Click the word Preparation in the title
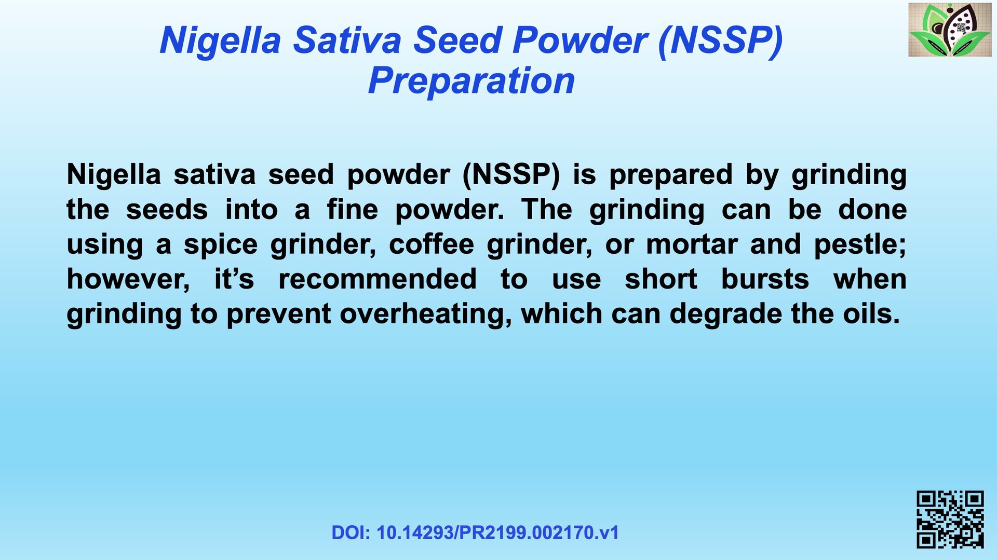(x=471, y=81)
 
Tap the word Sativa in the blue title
(x=347, y=40)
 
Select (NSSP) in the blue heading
(x=720, y=41)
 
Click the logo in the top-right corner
(x=950, y=30)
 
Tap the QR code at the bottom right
(x=950, y=519)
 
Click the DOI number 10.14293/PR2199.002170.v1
(x=497, y=533)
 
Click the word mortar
(x=692, y=244)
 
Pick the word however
(x=124, y=279)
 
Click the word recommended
(x=378, y=279)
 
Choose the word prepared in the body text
(x=671, y=175)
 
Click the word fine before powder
(x=352, y=210)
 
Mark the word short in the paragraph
(x=661, y=279)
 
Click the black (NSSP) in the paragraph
(x=511, y=175)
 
